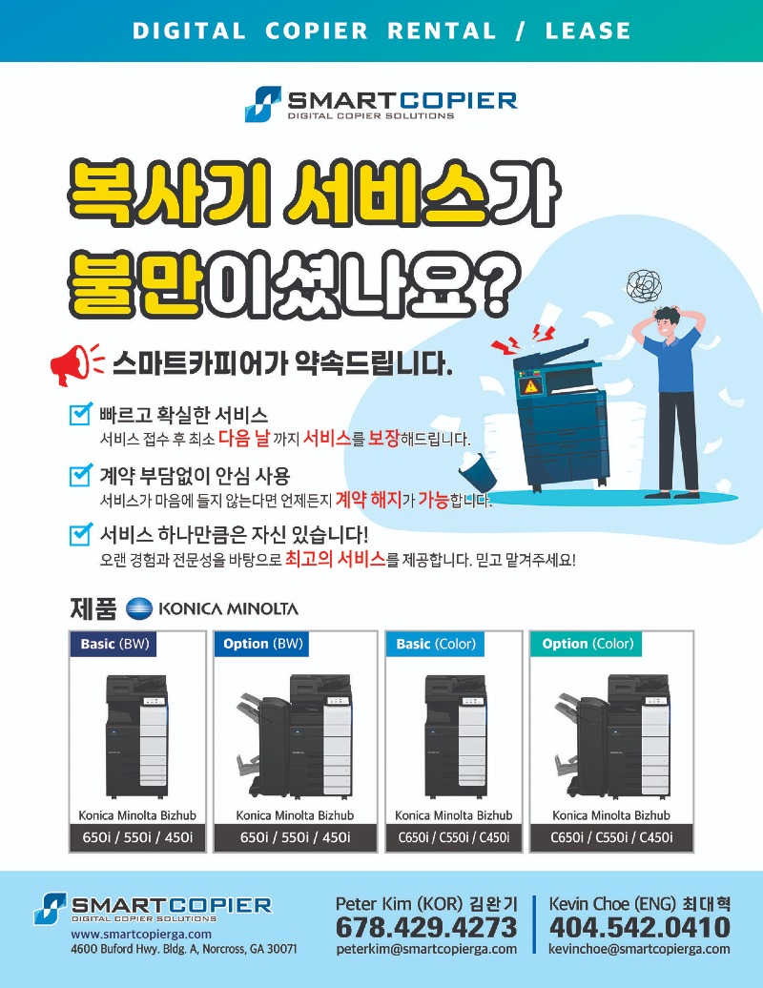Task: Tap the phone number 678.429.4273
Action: point(426,928)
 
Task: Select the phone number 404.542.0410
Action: point(640,928)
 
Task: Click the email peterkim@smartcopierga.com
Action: point(426,949)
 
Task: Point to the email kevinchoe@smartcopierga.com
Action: point(640,949)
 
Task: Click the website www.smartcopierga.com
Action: point(141,934)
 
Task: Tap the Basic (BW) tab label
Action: point(113,644)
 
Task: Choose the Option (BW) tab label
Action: point(262,644)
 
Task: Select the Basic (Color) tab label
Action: point(435,644)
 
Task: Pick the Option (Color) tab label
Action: point(588,644)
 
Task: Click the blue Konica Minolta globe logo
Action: point(139,608)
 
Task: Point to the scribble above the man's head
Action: point(643,285)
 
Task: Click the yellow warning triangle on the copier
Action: point(531,386)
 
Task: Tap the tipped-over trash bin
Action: point(477,470)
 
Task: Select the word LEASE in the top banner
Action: point(588,31)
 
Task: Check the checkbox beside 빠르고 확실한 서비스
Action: point(81,414)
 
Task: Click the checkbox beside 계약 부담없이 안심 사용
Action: point(81,475)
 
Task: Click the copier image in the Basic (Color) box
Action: point(455,736)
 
